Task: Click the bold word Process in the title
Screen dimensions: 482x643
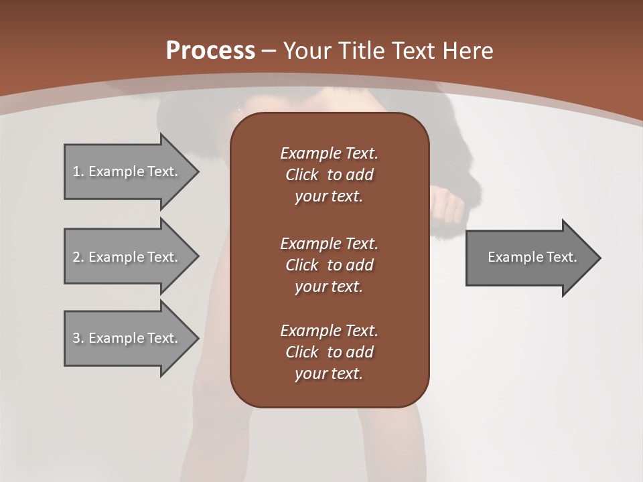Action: click(x=210, y=51)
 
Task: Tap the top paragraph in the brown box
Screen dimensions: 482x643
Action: click(x=329, y=175)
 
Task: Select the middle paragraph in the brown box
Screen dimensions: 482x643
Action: click(x=329, y=264)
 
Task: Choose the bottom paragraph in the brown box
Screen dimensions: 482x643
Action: click(x=329, y=352)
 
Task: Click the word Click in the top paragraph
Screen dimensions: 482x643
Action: click(x=301, y=175)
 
